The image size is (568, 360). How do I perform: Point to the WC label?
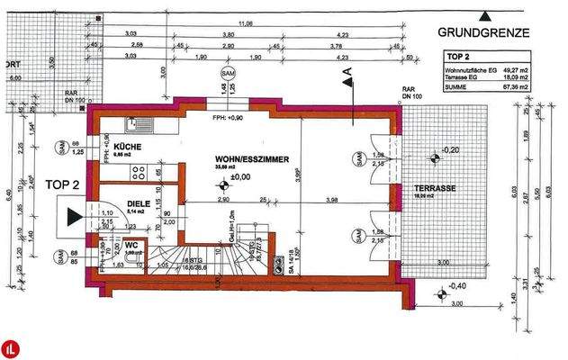(x=131, y=245)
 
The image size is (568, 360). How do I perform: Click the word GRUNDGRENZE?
(x=483, y=32)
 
